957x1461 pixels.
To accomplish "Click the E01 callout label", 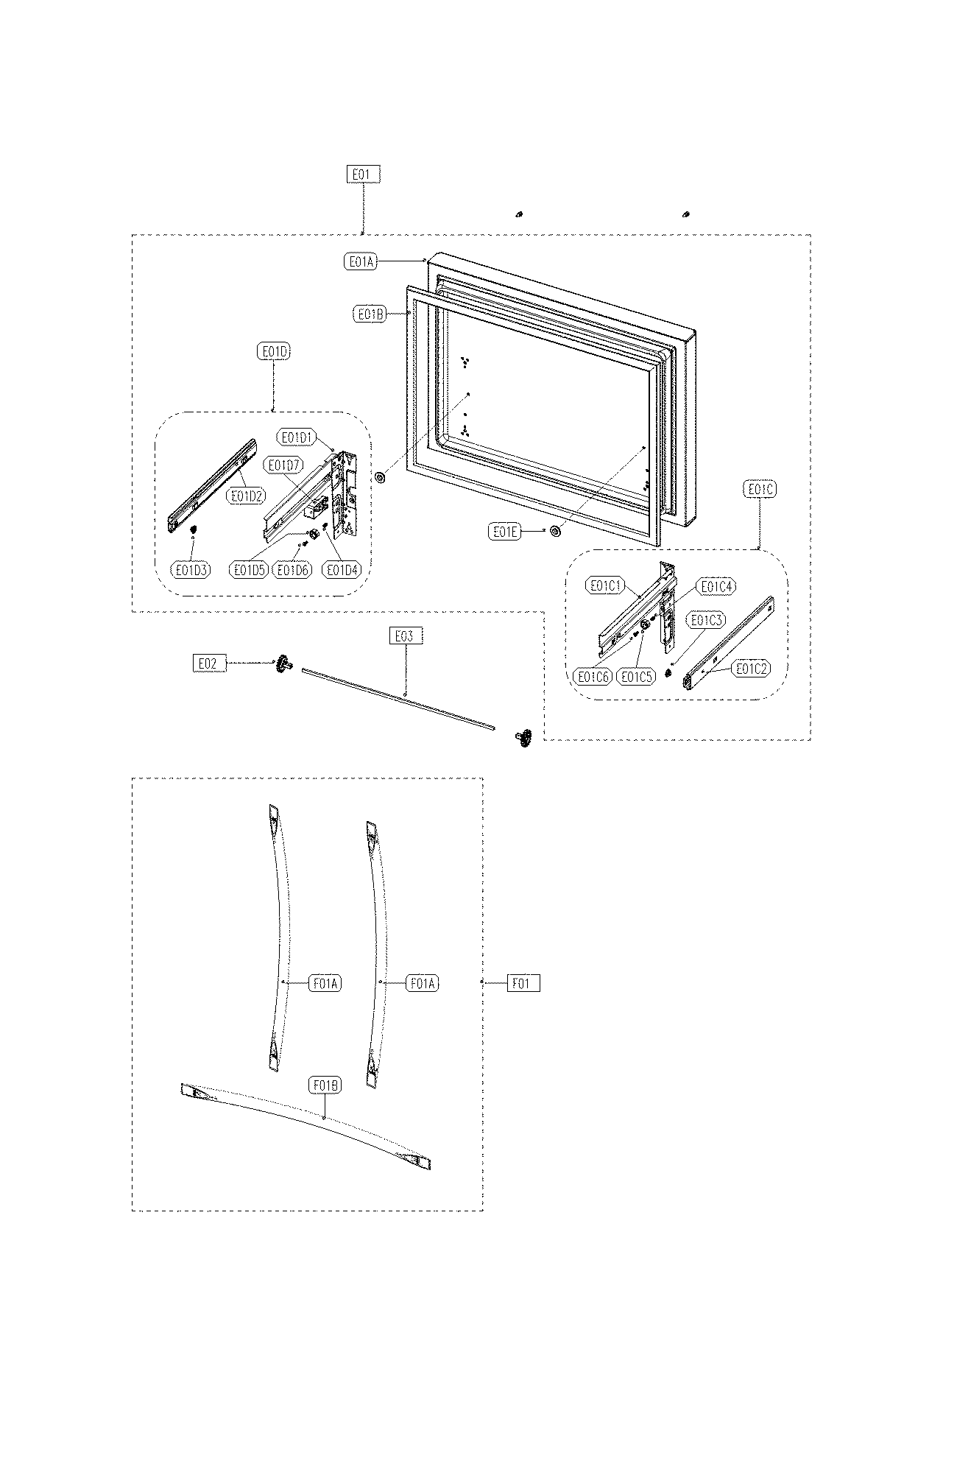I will (364, 175).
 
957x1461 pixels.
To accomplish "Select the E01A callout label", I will (361, 261).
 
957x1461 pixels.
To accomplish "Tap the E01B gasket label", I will (370, 314).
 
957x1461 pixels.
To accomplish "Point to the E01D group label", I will (274, 352).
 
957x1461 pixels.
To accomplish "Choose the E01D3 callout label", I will (190, 569).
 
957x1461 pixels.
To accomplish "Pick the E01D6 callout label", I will (292, 569).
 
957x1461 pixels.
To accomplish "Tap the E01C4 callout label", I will (716, 586).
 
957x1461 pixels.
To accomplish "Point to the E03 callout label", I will (406, 636).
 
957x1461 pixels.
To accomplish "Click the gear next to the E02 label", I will (282, 664).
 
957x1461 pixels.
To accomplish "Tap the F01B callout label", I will (325, 1085).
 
